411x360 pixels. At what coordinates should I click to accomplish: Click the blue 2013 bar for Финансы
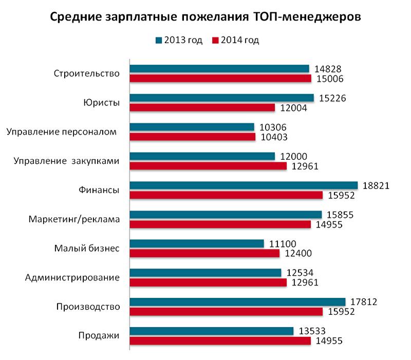[244, 185]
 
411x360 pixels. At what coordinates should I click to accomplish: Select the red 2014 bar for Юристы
[202, 107]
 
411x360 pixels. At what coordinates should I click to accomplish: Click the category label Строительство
[87, 73]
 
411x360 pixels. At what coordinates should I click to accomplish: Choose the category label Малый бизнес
[87, 249]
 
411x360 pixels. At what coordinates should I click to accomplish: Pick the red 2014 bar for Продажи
[220, 341]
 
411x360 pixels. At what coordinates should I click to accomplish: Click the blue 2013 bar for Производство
[237, 302]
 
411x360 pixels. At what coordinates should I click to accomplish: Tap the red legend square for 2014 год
[216, 41]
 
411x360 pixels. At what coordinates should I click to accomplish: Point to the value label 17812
[363, 302]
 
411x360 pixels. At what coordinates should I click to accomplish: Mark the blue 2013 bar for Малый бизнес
[196, 244]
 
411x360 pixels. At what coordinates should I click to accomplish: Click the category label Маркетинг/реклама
[74, 220]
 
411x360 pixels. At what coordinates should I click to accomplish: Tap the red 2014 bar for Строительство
[220, 78]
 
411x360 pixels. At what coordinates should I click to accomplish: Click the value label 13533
[311, 331]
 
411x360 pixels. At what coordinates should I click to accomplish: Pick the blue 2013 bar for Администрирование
[206, 273]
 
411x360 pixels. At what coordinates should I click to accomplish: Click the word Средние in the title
[76, 17]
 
